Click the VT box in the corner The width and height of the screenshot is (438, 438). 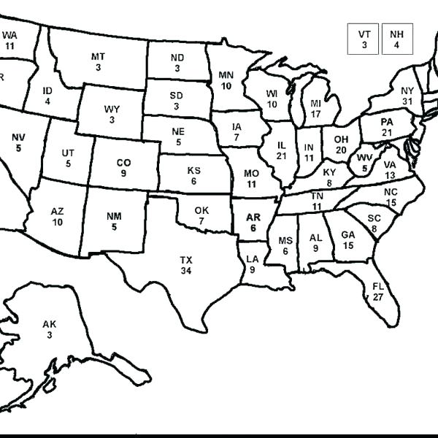(364, 39)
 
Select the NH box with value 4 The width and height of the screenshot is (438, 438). (396, 39)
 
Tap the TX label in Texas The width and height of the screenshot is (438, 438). (186, 260)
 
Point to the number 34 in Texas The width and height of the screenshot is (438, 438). (186, 270)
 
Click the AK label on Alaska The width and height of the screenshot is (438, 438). (49, 324)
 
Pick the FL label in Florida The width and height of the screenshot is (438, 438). (378, 287)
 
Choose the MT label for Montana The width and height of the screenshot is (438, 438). (98, 57)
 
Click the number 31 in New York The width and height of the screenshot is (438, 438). (407, 101)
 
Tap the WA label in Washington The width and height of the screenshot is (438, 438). (9, 35)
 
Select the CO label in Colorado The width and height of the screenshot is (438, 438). (123, 163)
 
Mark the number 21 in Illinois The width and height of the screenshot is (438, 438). (281, 155)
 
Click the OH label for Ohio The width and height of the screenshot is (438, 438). (341, 139)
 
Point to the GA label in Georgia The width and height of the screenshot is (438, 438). (348, 235)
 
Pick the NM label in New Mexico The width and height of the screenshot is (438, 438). (114, 216)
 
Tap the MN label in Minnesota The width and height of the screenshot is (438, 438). (226, 75)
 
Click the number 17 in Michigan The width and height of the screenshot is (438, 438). (315, 114)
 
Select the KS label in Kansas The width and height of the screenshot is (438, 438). (193, 171)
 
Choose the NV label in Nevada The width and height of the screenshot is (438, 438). (18, 137)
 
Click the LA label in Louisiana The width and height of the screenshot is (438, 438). (253, 259)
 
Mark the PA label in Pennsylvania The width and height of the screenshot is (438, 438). (387, 121)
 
